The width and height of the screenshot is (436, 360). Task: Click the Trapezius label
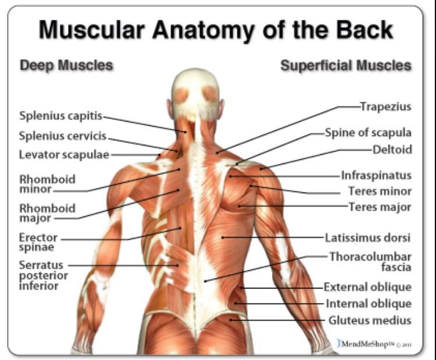[x=385, y=107]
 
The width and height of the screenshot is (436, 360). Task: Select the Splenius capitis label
[x=60, y=116]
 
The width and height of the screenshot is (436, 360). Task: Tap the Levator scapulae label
[x=64, y=155]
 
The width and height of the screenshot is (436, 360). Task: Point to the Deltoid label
[x=392, y=149]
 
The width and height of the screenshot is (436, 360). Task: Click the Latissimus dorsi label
[x=367, y=238]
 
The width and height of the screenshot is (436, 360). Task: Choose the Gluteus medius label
[x=370, y=320]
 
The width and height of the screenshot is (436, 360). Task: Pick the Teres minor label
[x=380, y=191]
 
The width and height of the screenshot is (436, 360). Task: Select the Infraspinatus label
[x=376, y=176]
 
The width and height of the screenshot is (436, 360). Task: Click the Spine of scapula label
[x=368, y=133]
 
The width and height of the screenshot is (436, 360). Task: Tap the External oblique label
[x=367, y=287]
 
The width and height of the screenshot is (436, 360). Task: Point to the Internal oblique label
[x=369, y=304]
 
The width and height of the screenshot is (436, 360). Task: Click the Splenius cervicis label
[x=63, y=136]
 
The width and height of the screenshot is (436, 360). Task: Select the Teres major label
[x=380, y=207]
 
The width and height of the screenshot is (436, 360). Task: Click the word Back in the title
[x=364, y=30]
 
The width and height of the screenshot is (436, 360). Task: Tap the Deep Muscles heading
[x=66, y=65]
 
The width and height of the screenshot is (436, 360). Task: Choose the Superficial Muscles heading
[x=346, y=66]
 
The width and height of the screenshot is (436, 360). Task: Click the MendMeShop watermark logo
[x=374, y=344]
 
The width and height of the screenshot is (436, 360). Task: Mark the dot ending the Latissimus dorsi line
[x=223, y=237]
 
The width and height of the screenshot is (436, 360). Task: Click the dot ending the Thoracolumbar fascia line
[x=205, y=281]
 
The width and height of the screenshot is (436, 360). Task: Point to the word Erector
[x=38, y=238]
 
